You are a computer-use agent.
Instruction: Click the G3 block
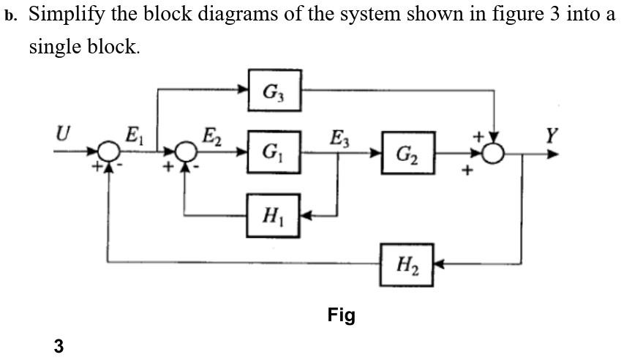274,91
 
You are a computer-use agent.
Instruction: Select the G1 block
274,154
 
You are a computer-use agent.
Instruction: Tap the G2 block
407,154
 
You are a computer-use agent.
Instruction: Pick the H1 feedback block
274,216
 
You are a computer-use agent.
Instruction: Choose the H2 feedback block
407,262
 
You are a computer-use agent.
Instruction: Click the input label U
65,133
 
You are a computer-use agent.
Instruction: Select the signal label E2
211,135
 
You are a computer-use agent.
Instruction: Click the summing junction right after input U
109,154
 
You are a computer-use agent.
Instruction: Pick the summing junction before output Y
496,154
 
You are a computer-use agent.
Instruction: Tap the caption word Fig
341,315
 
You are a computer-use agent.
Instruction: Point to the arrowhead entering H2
440,262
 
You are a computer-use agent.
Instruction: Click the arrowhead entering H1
307,216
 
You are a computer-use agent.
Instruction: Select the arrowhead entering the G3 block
243,91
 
